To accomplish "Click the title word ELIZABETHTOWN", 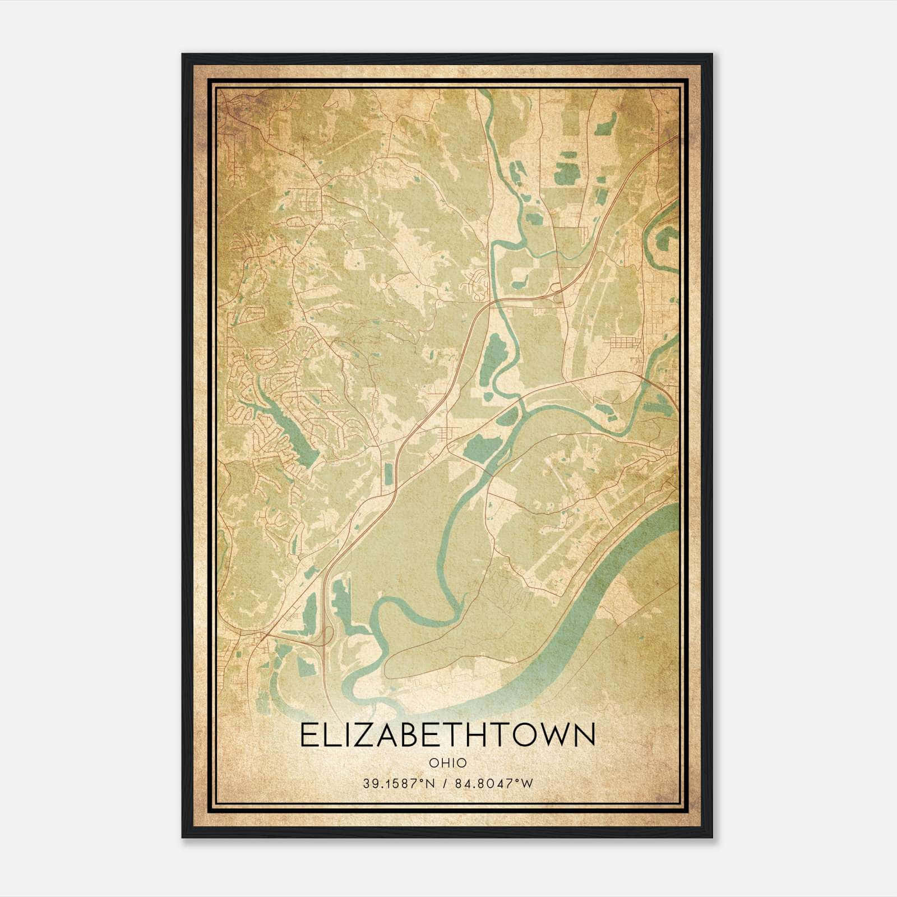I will click(x=447, y=734).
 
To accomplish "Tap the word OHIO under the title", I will click(x=447, y=762).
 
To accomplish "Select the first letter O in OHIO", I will click(x=434, y=762).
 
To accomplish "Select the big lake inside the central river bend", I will click(x=493, y=356).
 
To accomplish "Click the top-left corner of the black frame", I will click(x=183, y=55).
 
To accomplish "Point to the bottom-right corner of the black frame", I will click(x=711, y=836).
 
